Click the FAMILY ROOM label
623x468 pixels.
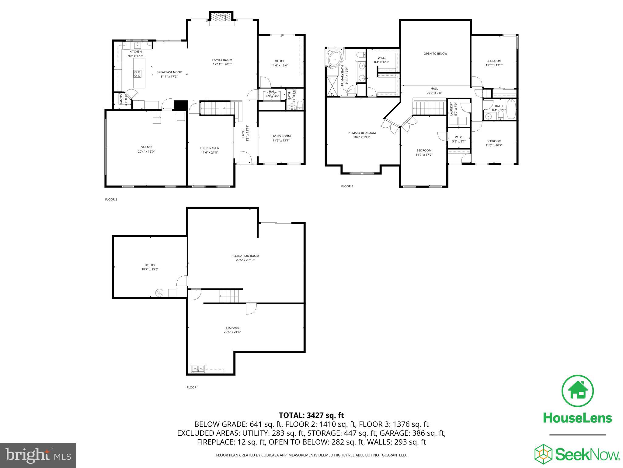point(222,60)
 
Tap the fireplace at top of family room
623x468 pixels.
point(221,17)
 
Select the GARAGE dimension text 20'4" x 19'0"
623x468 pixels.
point(146,151)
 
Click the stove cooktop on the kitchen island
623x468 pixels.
point(137,73)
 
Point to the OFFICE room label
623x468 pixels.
point(279,61)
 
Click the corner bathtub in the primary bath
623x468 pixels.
point(336,58)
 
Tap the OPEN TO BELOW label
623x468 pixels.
point(435,54)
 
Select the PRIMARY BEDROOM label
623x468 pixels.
point(361,133)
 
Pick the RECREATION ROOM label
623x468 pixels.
point(245,256)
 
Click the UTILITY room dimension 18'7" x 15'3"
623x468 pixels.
point(150,269)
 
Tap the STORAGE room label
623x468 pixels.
point(232,328)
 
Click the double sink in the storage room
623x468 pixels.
point(198,369)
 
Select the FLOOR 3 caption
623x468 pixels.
point(347,186)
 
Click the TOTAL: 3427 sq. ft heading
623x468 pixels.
point(311,415)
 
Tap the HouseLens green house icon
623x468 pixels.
point(577,391)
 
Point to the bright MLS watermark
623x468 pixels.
point(38,456)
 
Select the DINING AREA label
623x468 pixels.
point(209,148)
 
